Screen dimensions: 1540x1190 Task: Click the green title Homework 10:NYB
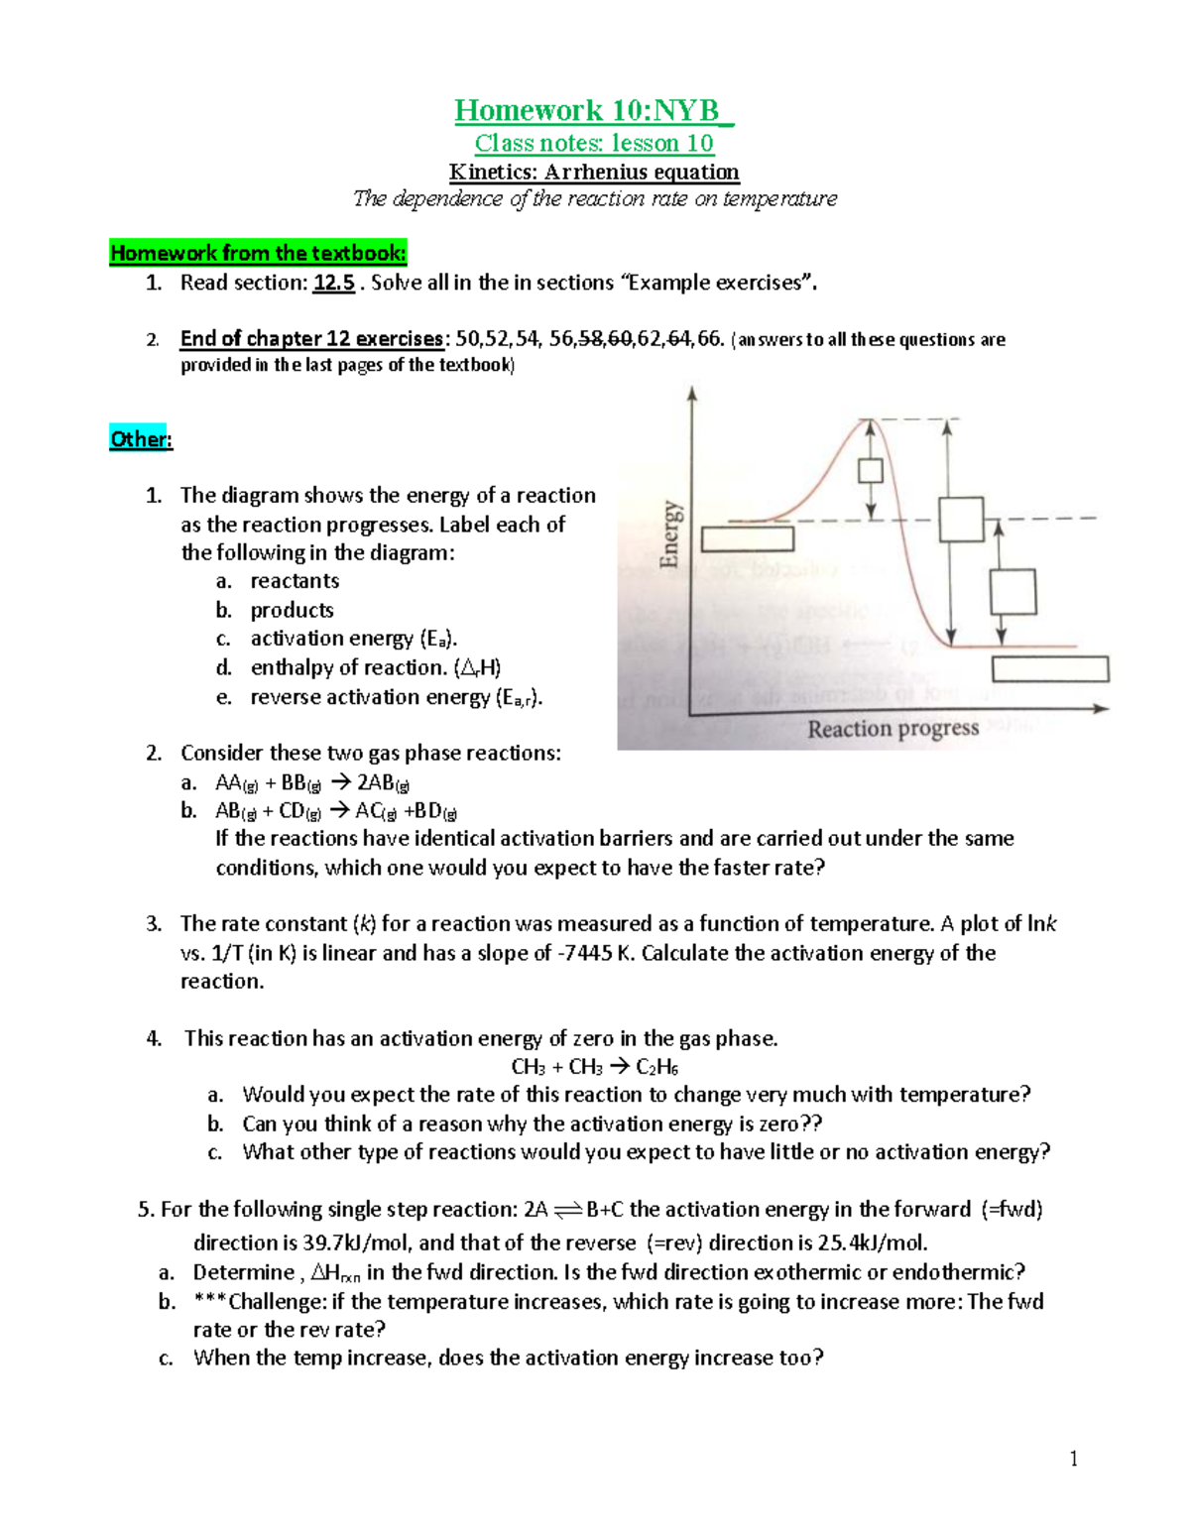click(x=593, y=110)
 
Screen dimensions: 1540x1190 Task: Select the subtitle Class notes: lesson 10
click(x=593, y=143)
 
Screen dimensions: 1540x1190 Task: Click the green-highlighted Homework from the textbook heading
click(x=258, y=253)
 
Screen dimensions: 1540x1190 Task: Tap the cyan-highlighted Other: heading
click(x=141, y=439)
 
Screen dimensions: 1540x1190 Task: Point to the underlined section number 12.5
click(x=334, y=283)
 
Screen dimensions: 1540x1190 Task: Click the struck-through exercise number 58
click(x=590, y=339)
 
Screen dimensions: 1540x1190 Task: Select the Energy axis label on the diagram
click(x=671, y=534)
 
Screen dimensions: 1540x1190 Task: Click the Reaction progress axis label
click(x=892, y=729)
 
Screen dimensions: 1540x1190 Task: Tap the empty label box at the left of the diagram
click(x=748, y=538)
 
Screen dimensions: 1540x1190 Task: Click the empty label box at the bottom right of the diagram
click(x=1050, y=669)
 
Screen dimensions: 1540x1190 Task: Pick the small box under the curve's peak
click(x=871, y=470)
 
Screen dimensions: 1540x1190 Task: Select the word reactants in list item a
click(x=295, y=581)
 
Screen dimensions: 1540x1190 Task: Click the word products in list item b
click(x=292, y=610)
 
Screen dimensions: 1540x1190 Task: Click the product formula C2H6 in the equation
click(x=656, y=1067)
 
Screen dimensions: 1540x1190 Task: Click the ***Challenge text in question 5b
click(x=259, y=1301)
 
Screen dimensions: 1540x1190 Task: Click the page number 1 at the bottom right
click(x=1073, y=1458)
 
